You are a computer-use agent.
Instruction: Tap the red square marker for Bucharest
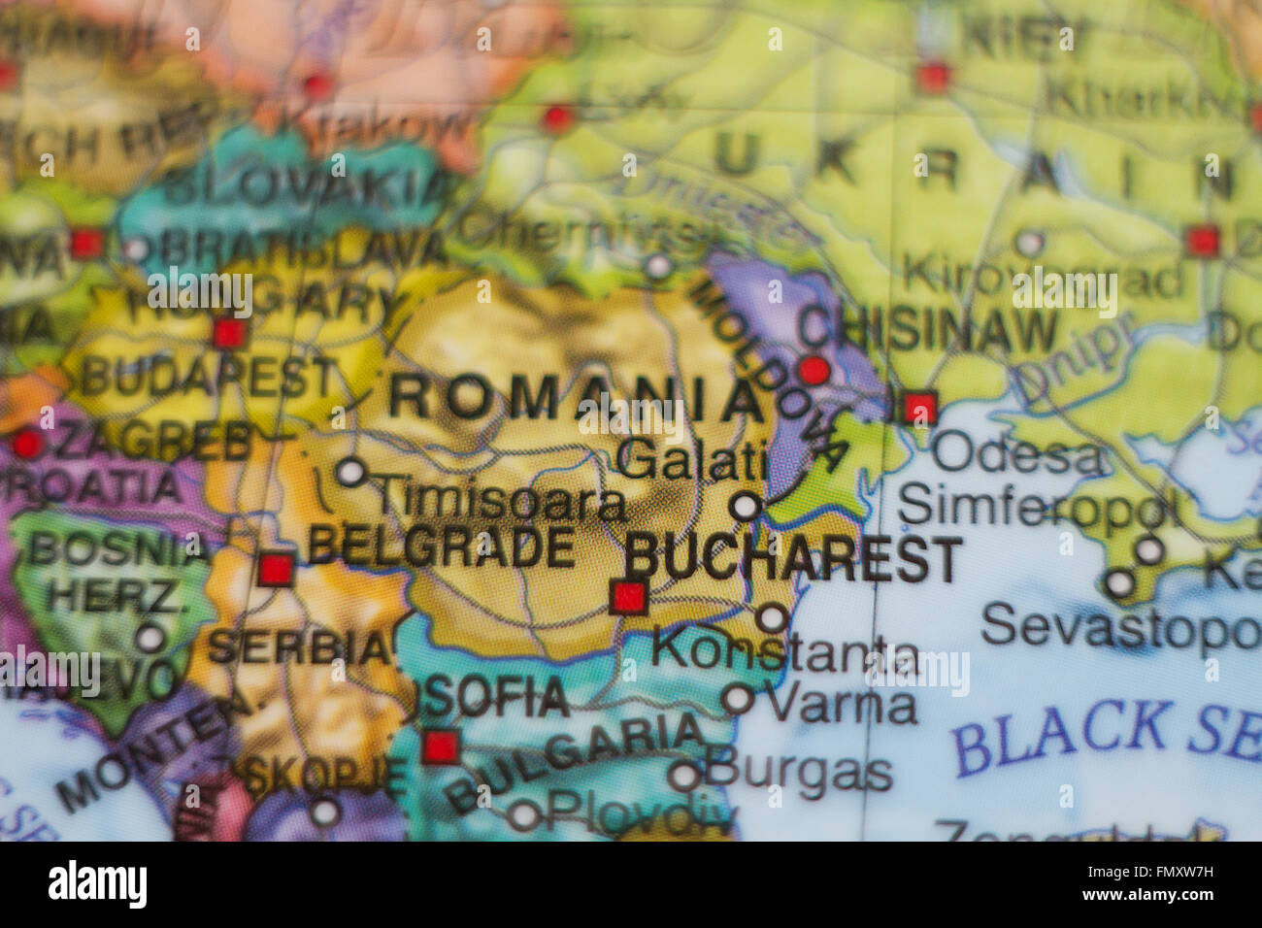point(629,596)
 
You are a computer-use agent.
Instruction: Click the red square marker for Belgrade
point(276,569)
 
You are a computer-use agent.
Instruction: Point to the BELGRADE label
point(442,547)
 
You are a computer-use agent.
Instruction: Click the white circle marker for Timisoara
point(350,473)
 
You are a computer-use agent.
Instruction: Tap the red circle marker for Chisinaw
point(814,370)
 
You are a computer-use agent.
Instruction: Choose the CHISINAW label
point(928,332)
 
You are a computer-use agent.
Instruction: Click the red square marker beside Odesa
point(919,407)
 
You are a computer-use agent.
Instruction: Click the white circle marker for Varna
point(738,698)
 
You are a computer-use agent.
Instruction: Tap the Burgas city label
point(798,773)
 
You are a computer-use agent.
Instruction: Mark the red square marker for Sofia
point(441,747)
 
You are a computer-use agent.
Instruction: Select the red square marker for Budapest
point(229,333)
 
